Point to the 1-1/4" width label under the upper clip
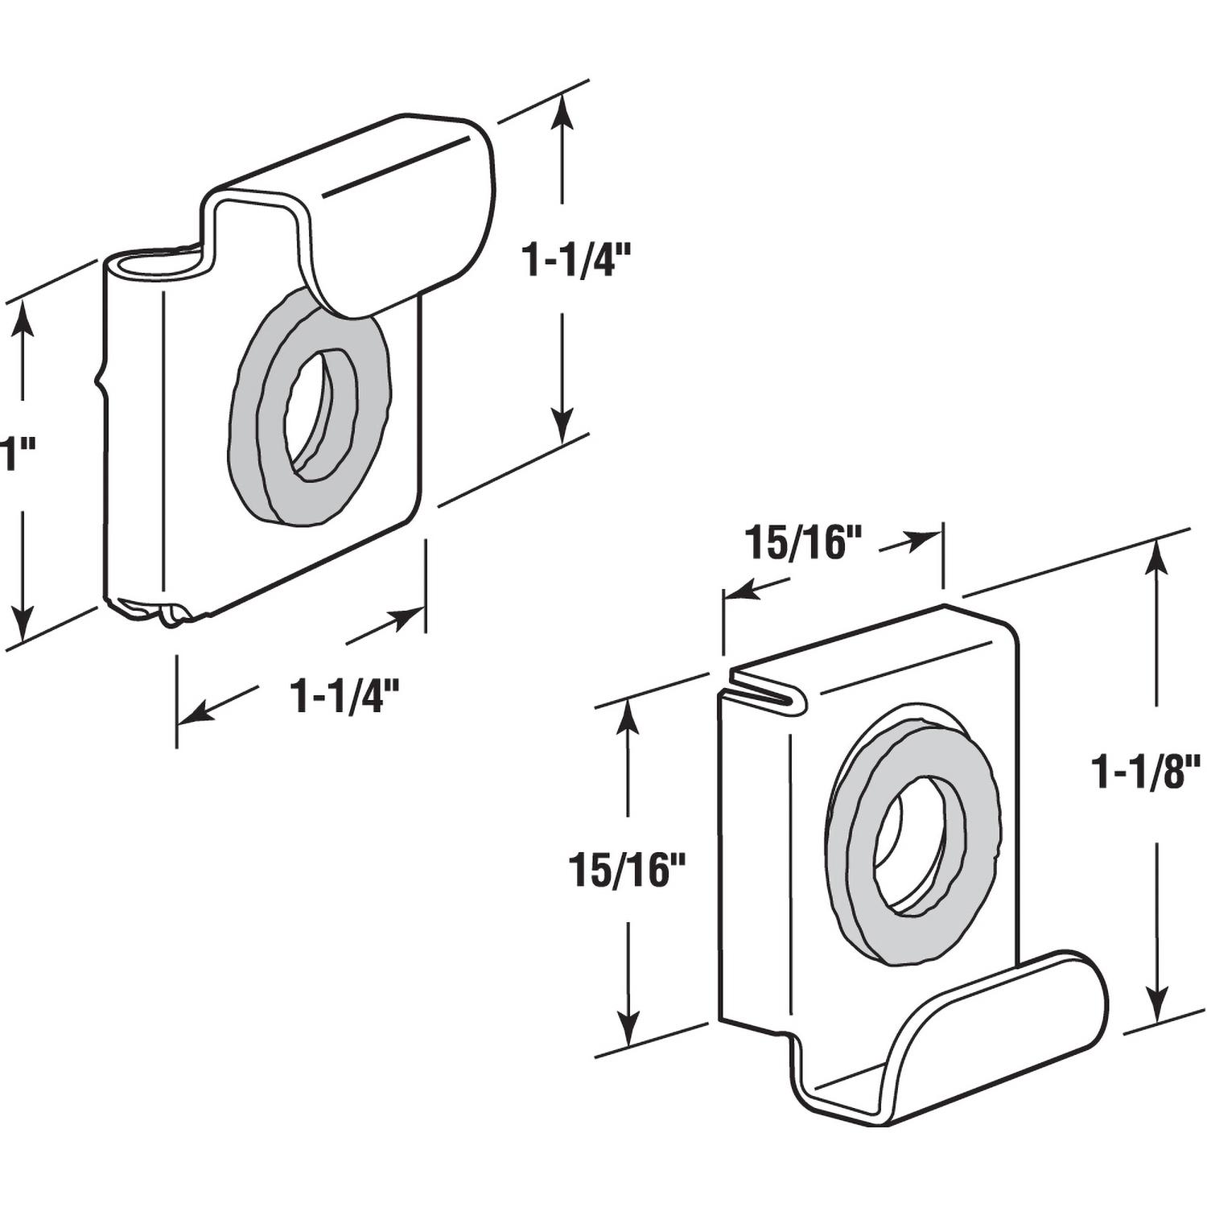point(345,696)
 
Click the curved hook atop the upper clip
point(402,225)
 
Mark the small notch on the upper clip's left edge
point(101,377)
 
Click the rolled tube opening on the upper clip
point(157,263)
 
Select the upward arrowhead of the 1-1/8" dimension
point(1156,555)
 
